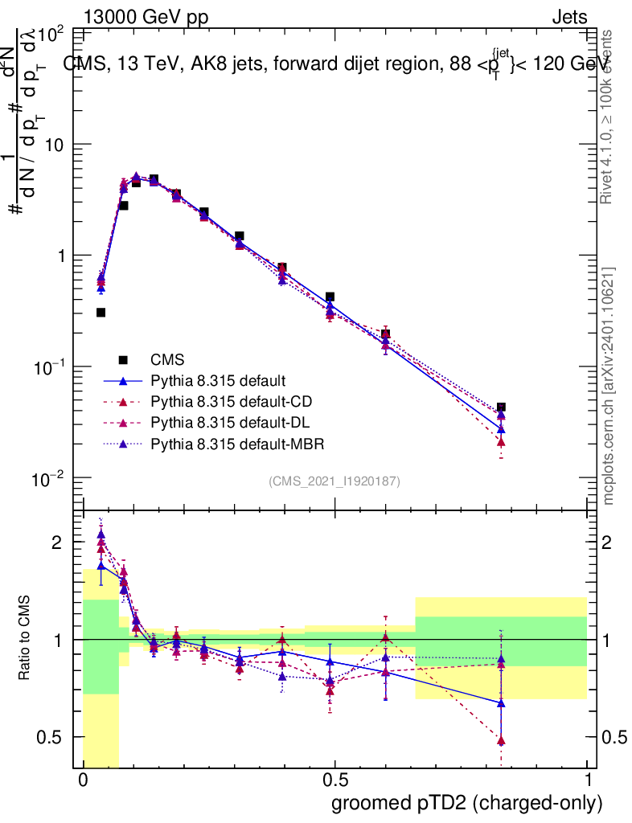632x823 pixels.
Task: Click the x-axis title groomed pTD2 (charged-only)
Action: pos(466,803)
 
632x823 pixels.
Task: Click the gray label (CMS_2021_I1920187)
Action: pos(334,481)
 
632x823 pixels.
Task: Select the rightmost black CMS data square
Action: pos(501,407)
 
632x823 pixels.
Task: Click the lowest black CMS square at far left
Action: pos(101,313)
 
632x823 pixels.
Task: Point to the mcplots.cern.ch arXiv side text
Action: pos(609,386)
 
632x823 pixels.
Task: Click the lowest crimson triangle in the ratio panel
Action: pos(501,740)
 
